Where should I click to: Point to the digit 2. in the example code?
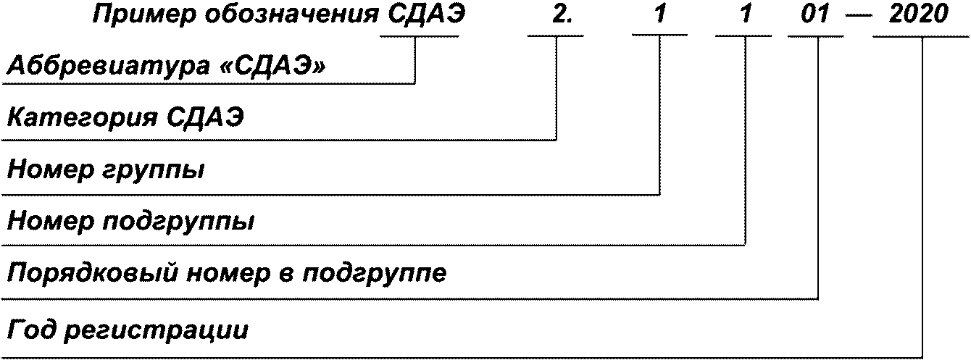[x=562, y=15]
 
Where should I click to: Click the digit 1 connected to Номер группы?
[x=659, y=15]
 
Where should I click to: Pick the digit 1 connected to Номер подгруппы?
[x=745, y=15]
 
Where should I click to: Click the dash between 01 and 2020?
[x=858, y=17]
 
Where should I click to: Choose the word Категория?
[x=82, y=119]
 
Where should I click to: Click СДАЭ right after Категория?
[x=205, y=117]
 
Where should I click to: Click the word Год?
[x=32, y=330]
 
